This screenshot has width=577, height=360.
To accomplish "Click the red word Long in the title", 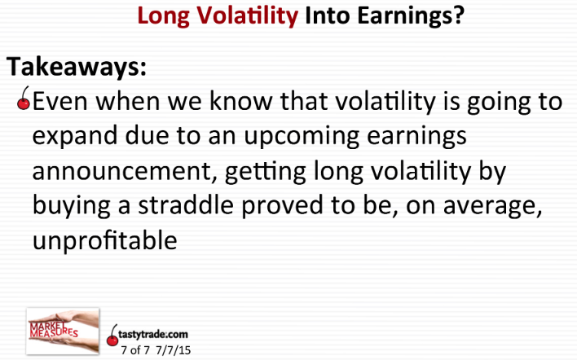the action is click(x=164, y=17).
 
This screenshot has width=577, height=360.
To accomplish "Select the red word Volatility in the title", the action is click(x=247, y=15).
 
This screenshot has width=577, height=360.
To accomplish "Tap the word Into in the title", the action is click(x=328, y=15).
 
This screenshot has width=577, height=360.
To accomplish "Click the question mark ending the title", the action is click(x=458, y=15).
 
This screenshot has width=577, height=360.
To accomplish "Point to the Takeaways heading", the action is click(x=77, y=67).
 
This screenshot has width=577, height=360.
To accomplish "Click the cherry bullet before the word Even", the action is click(x=24, y=99).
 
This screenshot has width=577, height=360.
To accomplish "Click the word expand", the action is click(x=76, y=136).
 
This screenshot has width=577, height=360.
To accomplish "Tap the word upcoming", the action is click(x=302, y=136).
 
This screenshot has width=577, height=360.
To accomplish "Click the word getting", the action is click(x=266, y=172).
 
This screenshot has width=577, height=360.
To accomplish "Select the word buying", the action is click(x=72, y=206).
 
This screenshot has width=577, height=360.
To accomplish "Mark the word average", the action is click(x=493, y=206).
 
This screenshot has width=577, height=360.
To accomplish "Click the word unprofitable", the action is click(x=105, y=240).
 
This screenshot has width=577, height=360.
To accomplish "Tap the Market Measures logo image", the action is click(x=63, y=331).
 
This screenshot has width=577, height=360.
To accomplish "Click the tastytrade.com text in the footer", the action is click(x=153, y=334).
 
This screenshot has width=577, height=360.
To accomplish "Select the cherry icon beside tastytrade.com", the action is click(x=112, y=336).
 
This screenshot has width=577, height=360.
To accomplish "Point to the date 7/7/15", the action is click(x=174, y=350).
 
